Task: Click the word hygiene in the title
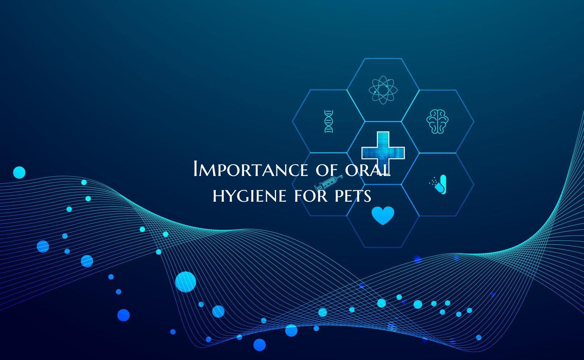coord(250,196)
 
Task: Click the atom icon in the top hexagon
coord(383,90)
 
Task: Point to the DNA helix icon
coord(329,121)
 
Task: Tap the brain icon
coord(437,121)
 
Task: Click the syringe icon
coord(328,183)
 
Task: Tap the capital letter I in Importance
coord(196,169)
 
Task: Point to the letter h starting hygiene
coord(217,196)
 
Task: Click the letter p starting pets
coord(339,197)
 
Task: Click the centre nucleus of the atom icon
coord(383,90)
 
